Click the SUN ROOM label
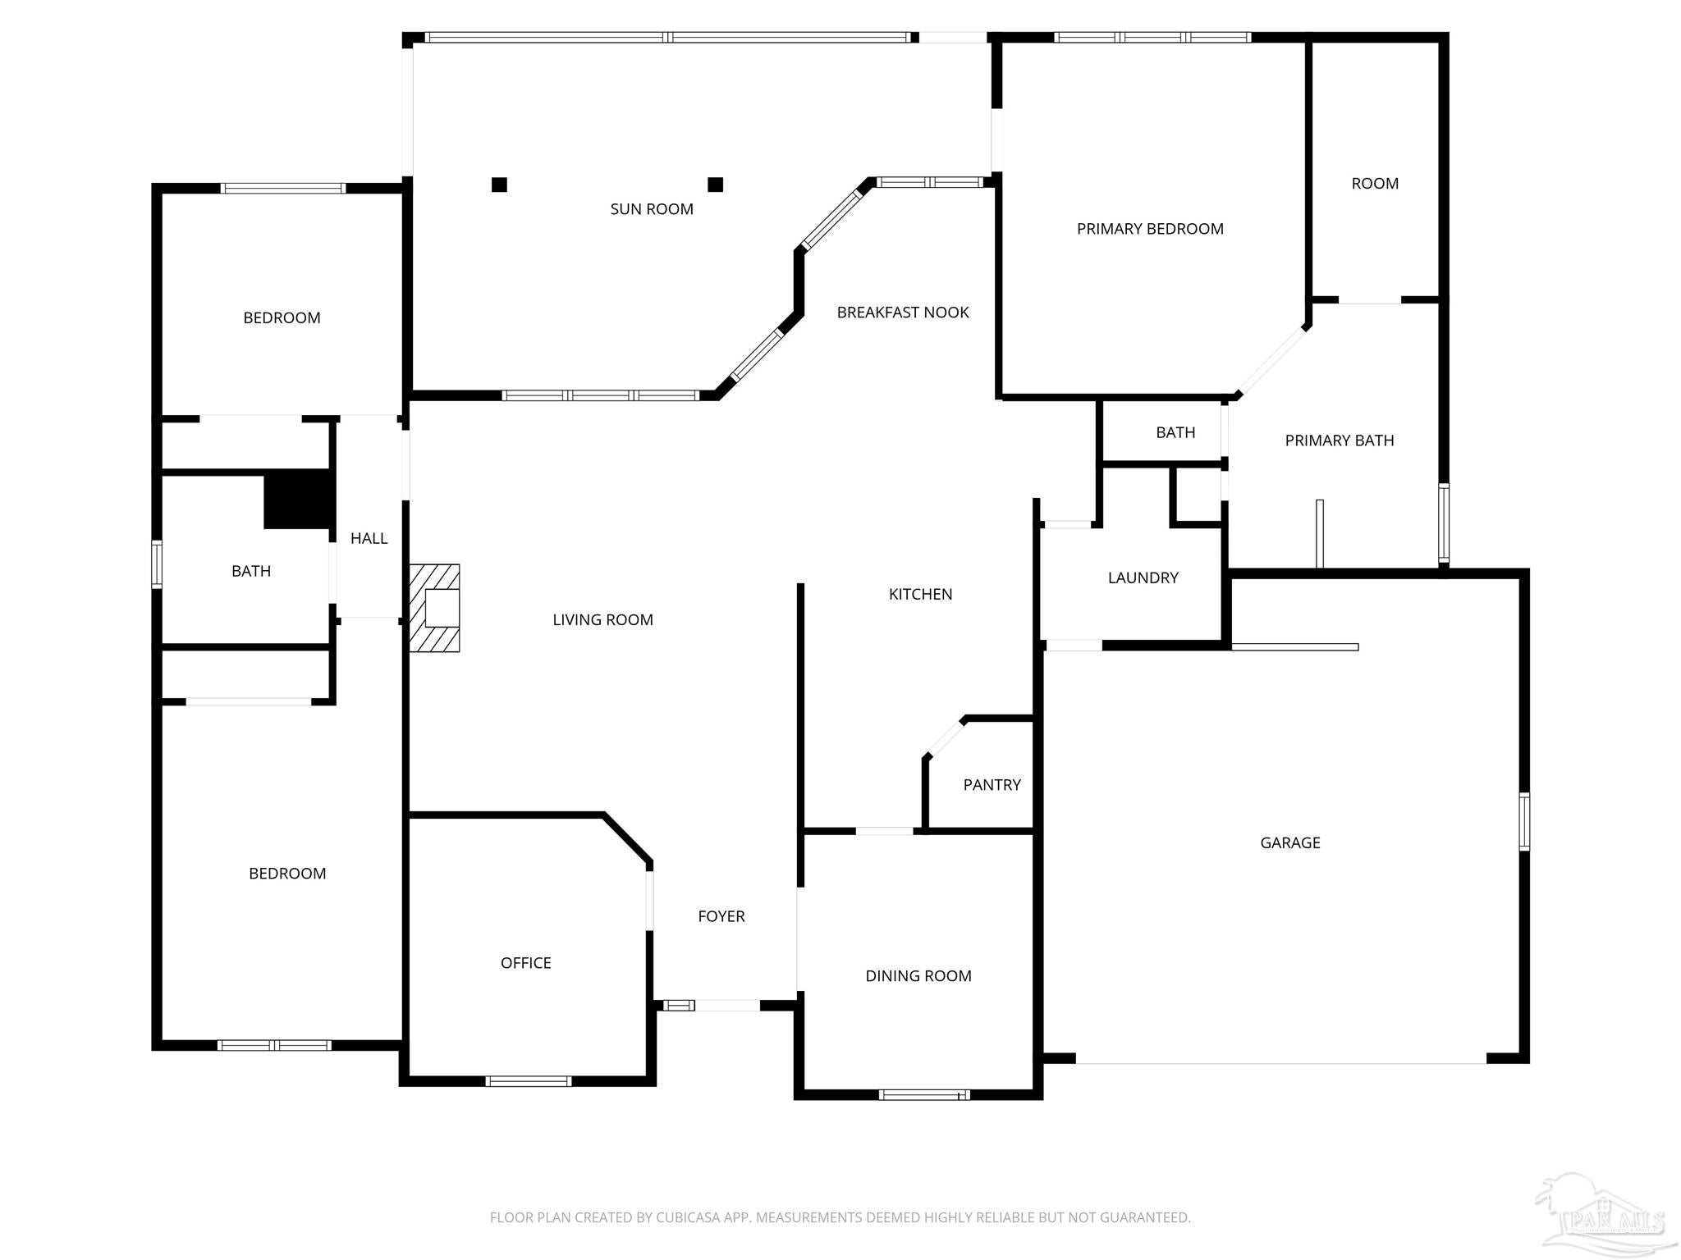tap(652, 209)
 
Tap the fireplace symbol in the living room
tap(435, 608)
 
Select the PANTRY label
tap(992, 785)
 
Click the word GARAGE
tap(1289, 842)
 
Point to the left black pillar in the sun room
tap(499, 185)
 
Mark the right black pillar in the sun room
tap(715, 185)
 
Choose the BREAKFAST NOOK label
tap(902, 313)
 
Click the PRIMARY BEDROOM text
tap(1149, 229)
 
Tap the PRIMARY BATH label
tap(1339, 441)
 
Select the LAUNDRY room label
tap(1143, 577)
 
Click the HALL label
tap(369, 538)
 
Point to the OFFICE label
tap(525, 963)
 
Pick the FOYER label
tap(721, 916)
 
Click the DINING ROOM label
tap(918, 976)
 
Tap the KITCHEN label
tap(920, 594)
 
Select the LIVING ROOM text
tap(602, 620)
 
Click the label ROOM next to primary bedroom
tap(1375, 184)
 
